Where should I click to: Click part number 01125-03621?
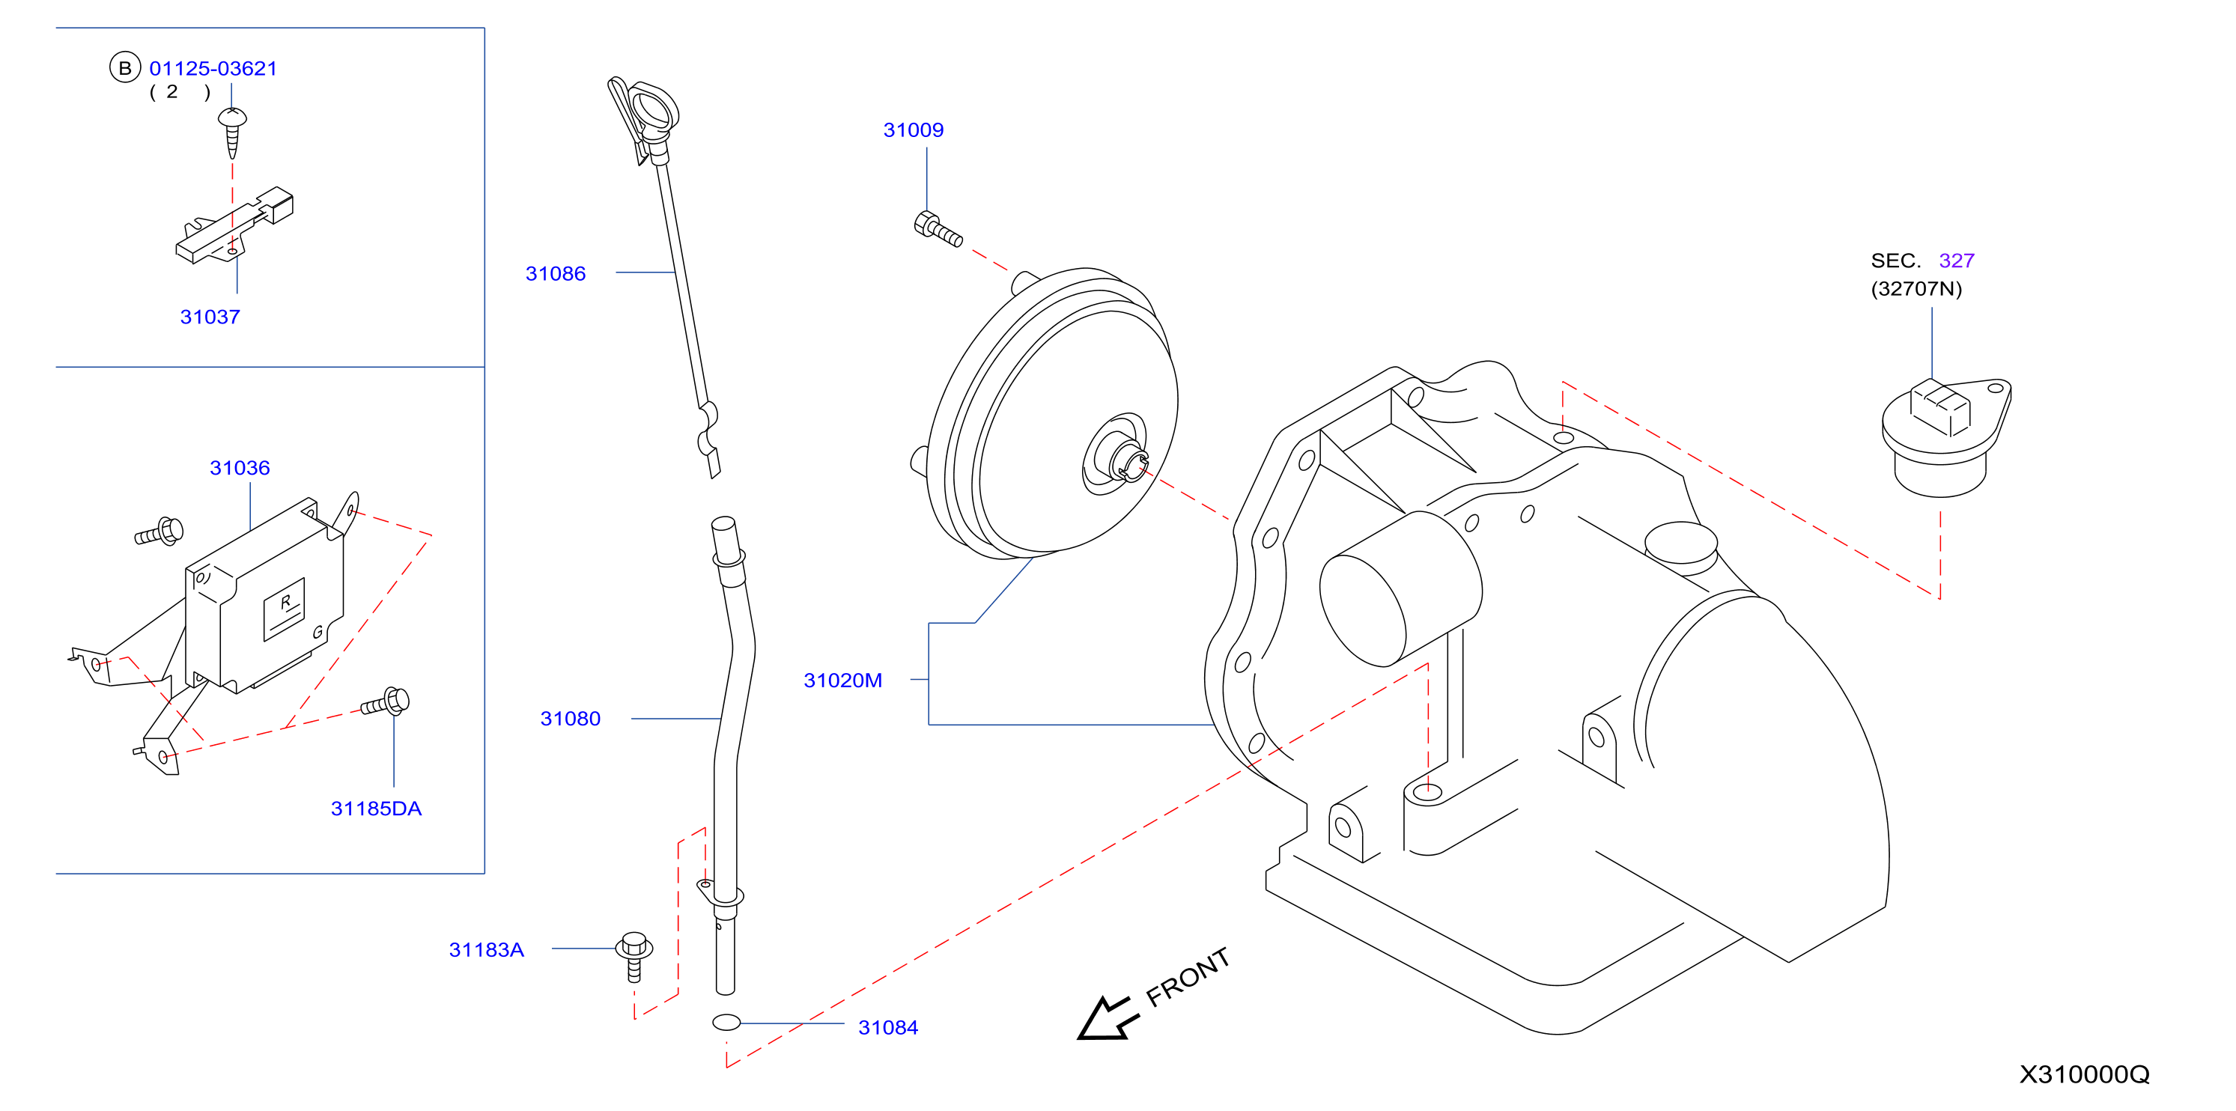point(213,69)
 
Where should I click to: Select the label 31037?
point(210,317)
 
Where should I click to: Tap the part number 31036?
point(240,468)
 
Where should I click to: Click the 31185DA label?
point(376,809)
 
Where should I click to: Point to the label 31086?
point(556,273)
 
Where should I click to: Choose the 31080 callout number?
point(571,719)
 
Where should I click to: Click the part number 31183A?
point(486,949)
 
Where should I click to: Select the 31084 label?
point(888,1028)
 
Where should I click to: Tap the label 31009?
point(913,130)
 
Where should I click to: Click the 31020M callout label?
point(843,681)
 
